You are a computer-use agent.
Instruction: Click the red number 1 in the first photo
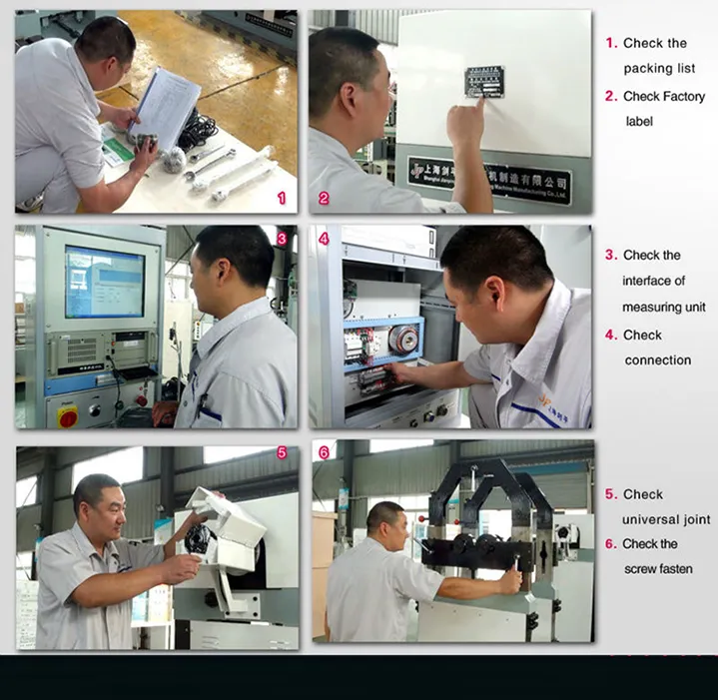282,198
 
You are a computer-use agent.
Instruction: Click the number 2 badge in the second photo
324,198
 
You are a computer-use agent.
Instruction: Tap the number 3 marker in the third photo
282,239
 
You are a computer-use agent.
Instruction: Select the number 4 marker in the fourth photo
324,239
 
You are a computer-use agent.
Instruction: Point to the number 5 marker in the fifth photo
282,452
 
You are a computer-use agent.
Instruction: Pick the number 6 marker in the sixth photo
324,452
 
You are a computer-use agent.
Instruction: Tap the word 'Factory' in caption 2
679,97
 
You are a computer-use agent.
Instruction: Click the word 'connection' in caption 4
657,359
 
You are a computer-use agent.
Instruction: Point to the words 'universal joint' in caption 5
666,519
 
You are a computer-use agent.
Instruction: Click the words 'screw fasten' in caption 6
658,569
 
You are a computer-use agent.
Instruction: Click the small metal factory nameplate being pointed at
483,82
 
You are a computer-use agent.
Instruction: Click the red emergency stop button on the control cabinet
68,415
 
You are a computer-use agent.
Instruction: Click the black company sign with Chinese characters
489,178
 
